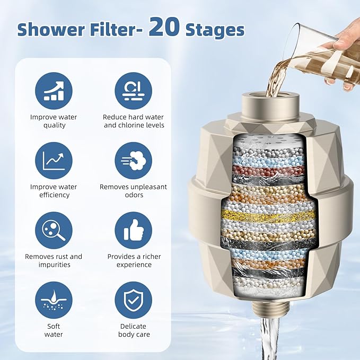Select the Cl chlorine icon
click(x=134, y=90)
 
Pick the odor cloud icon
click(x=134, y=161)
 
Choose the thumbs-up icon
click(x=134, y=230)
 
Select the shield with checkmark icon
click(x=134, y=300)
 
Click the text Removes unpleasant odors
click(x=134, y=191)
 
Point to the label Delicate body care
click(x=134, y=330)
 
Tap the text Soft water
click(x=54, y=330)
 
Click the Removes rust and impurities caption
click(x=54, y=260)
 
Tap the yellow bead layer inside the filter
click(x=265, y=215)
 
